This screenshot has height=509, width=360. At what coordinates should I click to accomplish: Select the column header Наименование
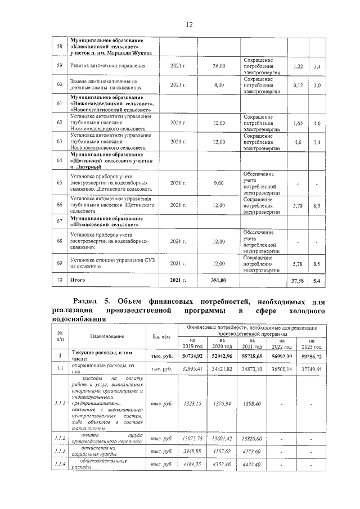tap(106, 336)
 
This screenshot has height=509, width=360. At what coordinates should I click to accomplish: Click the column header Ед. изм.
tap(162, 336)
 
